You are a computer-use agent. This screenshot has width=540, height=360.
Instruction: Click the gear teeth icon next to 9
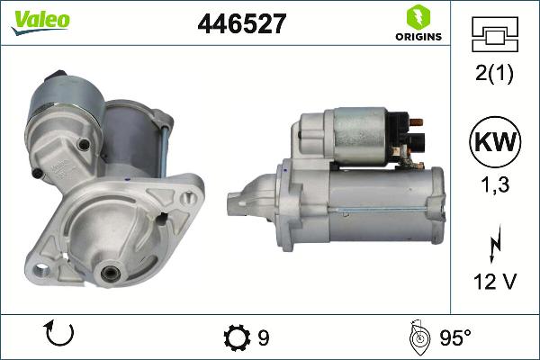pyautogui.click(x=235, y=338)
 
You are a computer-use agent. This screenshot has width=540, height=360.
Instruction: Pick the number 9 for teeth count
pyautogui.click(x=263, y=338)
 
